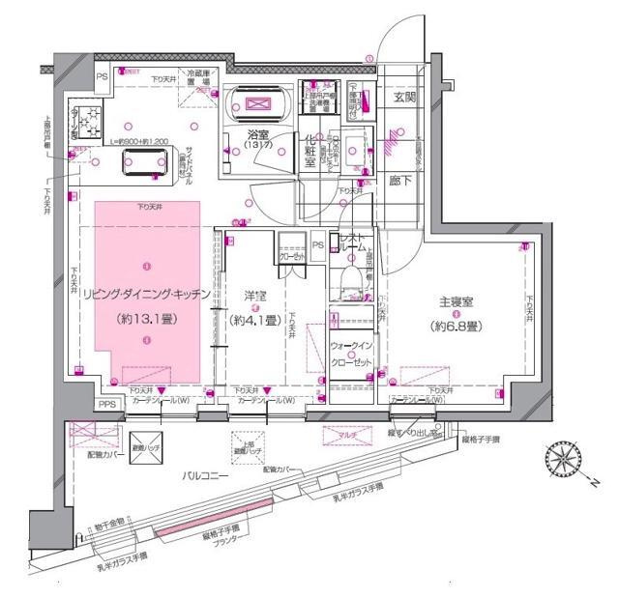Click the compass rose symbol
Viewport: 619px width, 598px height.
pyautogui.click(x=563, y=459)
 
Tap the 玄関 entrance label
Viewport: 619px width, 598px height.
pyautogui.click(x=402, y=97)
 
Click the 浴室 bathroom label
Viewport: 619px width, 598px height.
pyautogui.click(x=257, y=138)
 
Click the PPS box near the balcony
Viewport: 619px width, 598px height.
pyautogui.click(x=108, y=406)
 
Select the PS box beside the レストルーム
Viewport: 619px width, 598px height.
pyautogui.click(x=318, y=244)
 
